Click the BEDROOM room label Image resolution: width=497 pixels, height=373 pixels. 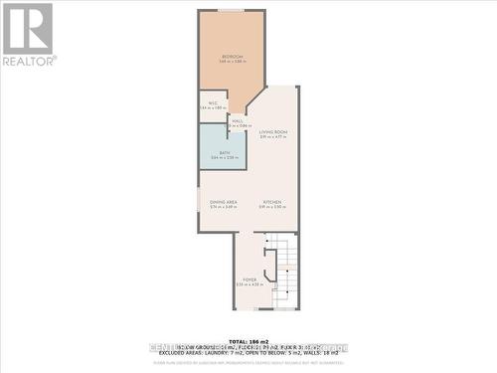click(x=232, y=57)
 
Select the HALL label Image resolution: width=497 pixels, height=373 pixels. click(x=238, y=120)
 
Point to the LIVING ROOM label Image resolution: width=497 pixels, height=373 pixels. click(x=273, y=131)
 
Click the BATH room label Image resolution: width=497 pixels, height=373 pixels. click(x=225, y=152)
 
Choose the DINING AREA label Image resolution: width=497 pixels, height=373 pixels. click(x=223, y=202)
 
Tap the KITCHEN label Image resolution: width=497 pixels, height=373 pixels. click(x=273, y=202)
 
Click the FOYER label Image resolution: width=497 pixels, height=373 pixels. click(x=248, y=280)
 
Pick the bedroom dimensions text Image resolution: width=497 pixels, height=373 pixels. click(x=232, y=63)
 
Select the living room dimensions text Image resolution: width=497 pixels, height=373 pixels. click(x=273, y=137)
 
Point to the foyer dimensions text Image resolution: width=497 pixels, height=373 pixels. click(x=248, y=285)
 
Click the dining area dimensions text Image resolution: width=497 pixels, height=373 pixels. click(x=223, y=208)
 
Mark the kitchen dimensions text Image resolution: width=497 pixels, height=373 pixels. click(x=273, y=208)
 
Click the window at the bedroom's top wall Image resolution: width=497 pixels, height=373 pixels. click(x=232, y=11)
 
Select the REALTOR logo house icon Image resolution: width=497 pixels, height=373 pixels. click(x=28, y=28)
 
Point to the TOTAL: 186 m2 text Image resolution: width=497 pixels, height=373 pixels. click(x=248, y=341)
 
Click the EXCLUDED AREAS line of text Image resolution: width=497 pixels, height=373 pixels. click(x=248, y=353)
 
